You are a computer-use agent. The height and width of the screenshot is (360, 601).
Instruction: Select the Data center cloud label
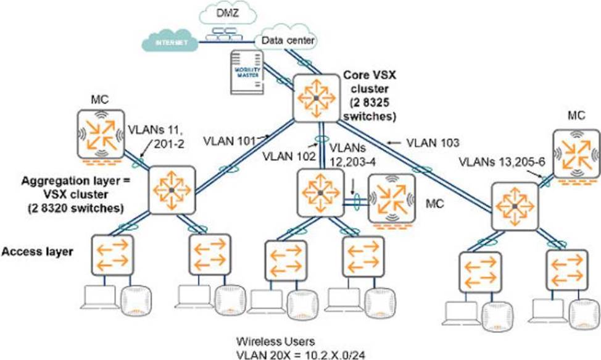[x=288, y=40]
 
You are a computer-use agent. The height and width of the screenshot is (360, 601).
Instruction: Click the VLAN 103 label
[x=432, y=142]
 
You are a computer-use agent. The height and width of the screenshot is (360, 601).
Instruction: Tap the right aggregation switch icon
[x=515, y=204]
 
